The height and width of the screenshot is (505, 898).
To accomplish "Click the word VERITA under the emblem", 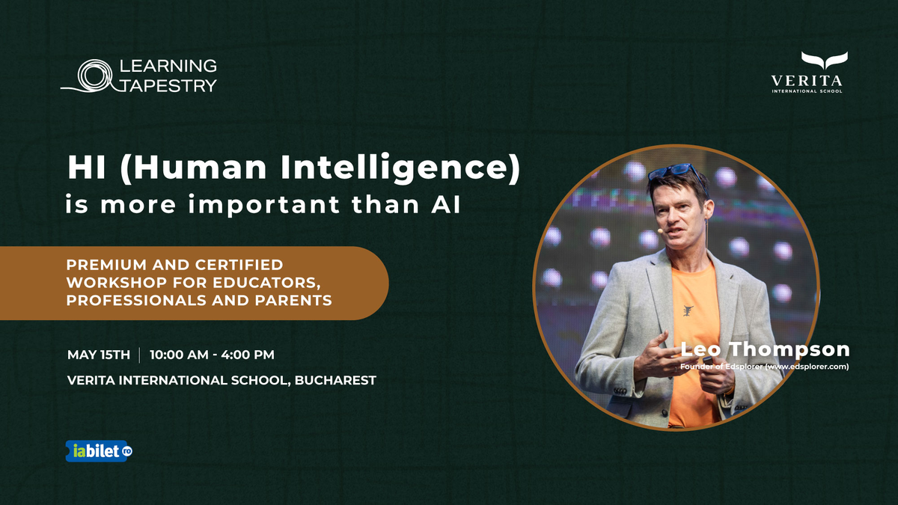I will [807, 80].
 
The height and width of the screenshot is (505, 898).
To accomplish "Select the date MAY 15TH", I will [99, 354].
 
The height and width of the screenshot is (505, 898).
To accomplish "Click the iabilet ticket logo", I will [99, 450].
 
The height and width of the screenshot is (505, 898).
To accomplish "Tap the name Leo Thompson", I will [765, 349].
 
